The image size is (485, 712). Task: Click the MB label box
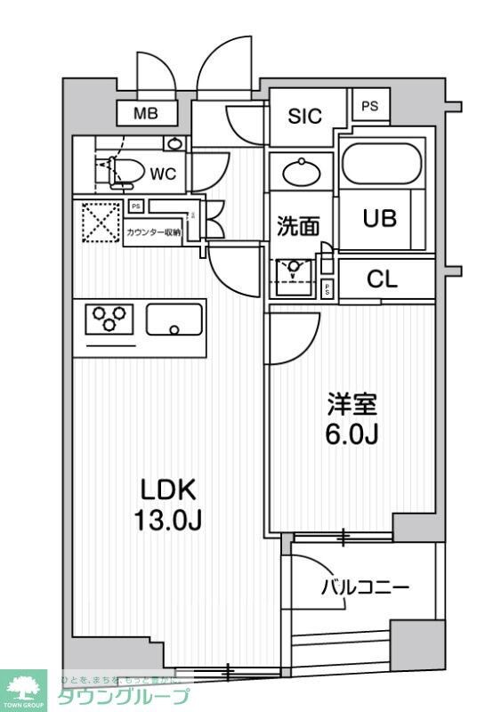(x=147, y=113)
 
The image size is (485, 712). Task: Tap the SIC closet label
(x=304, y=117)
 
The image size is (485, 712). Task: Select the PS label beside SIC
(x=369, y=105)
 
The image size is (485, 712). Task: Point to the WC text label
(x=162, y=174)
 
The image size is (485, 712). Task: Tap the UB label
(x=379, y=218)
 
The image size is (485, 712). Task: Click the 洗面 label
(x=297, y=227)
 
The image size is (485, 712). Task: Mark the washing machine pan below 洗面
(x=295, y=277)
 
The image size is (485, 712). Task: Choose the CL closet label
(x=383, y=279)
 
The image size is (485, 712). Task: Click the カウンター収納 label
(x=153, y=232)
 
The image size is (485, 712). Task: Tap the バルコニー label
(x=365, y=587)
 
